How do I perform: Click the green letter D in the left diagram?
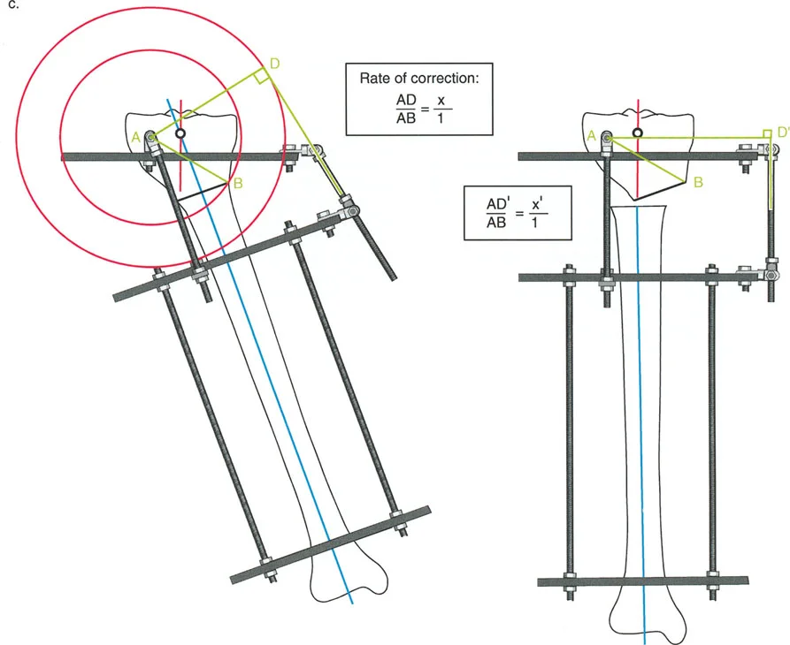point(275,64)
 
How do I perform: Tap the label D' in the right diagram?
point(783,133)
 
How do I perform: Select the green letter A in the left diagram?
point(135,137)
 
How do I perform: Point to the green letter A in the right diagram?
point(592,135)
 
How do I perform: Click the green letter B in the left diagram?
point(238,183)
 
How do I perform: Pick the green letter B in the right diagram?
point(698,182)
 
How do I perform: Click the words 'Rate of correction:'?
point(418,78)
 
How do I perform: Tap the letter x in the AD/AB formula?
point(441,101)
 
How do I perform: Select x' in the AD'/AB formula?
point(537,205)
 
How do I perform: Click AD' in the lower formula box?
point(496,204)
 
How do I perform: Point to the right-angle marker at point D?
point(260,77)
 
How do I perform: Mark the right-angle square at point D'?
point(767,133)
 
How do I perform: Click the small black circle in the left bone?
point(180,133)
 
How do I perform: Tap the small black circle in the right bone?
point(637,133)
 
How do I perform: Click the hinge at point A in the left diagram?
point(150,137)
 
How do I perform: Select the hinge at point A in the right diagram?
point(607,136)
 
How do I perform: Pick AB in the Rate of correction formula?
point(406,118)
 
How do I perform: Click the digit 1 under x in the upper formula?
point(441,118)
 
